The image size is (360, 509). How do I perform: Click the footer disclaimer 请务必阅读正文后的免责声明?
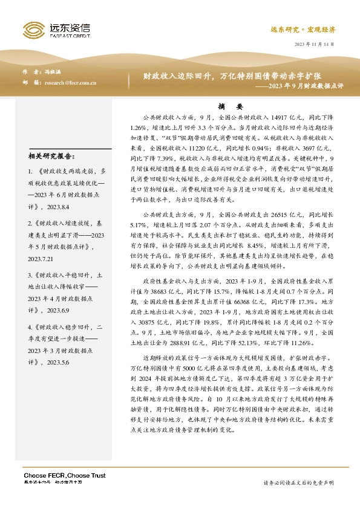click(x=298, y=482)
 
